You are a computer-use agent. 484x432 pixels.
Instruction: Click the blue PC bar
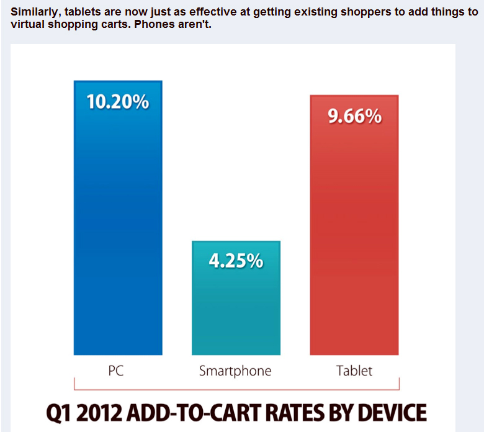click(118, 236)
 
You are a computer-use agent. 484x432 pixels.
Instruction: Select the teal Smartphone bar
click(236, 310)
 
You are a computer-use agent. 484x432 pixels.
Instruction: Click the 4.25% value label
click(236, 261)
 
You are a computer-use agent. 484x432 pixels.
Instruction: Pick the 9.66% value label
click(354, 117)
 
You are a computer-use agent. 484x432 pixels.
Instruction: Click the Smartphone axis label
click(235, 371)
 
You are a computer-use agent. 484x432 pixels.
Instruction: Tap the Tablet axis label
click(354, 371)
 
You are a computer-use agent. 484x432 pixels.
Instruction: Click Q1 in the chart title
click(61, 413)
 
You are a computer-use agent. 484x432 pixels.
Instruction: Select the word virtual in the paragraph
click(29, 25)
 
